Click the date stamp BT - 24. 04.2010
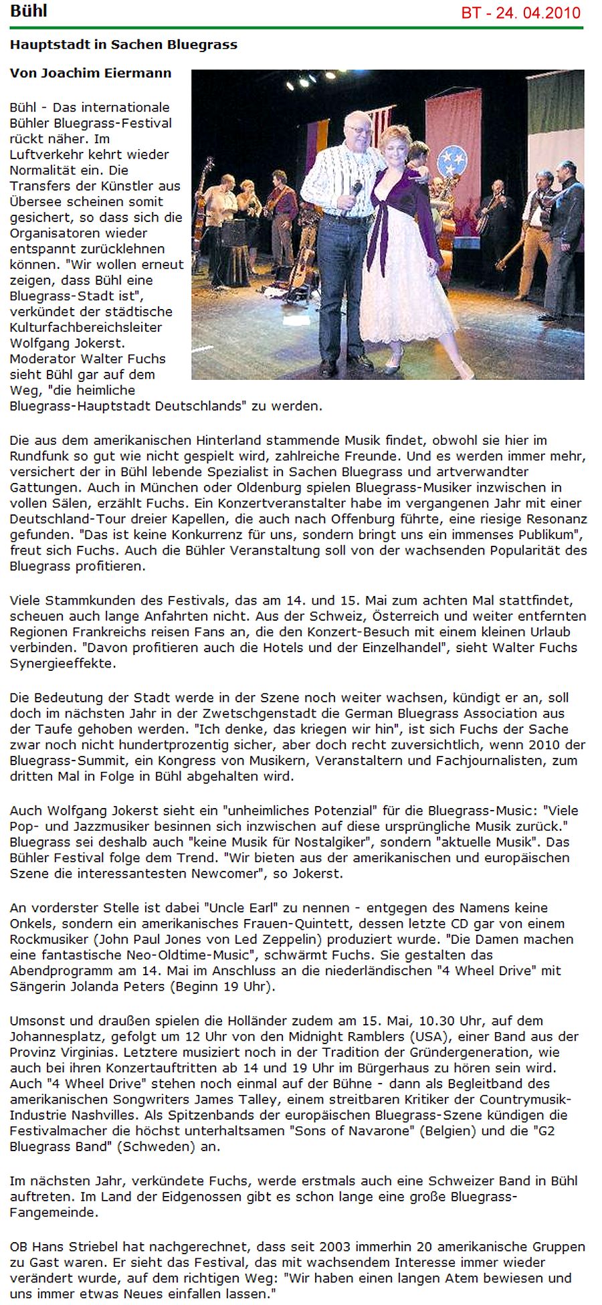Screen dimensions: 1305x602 click(520, 13)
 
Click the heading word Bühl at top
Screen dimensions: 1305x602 click(28, 11)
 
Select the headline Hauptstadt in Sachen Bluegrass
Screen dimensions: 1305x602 click(124, 45)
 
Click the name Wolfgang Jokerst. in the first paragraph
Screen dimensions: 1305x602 click(67, 343)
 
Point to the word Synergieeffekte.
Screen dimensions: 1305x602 click(62, 664)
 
